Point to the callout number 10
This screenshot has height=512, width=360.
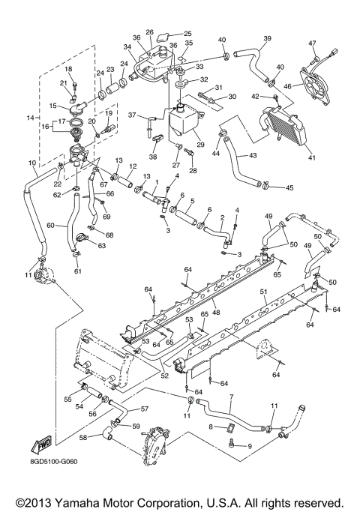[x=32, y=163]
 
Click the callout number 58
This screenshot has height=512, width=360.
[x=84, y=436]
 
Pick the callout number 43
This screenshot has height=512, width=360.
[x=252, y=155]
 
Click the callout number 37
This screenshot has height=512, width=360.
[x=131, y=115]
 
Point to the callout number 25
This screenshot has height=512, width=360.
[x=187, y=34]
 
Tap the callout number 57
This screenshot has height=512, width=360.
[x=145, y=409]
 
